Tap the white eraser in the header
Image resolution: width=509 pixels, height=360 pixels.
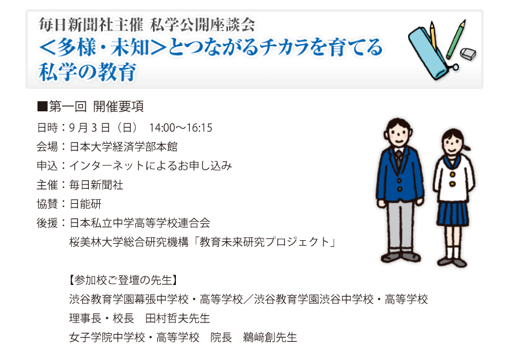[468, 54]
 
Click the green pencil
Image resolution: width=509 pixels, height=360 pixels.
[456, 39]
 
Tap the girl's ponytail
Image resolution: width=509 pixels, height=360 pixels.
[467, 148]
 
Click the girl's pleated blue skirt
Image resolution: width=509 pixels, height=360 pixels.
[453, 213]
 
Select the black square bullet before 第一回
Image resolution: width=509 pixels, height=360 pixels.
[42, 106]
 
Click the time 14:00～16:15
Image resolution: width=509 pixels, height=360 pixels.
[181, 128]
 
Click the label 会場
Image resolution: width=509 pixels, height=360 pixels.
[47, 147]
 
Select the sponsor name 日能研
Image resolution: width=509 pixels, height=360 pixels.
[85, 204]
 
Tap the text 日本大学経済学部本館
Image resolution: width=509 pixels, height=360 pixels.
[123, 147]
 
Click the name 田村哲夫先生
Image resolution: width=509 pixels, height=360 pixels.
[178, 318]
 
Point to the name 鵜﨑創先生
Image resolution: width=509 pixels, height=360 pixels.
[270, 338]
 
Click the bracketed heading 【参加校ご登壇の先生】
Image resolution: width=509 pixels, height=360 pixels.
[123, 280]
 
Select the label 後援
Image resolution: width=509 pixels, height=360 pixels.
[47, 223]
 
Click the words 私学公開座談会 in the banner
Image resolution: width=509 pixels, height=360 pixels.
[203, 25]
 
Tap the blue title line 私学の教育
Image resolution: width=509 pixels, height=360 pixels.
[87, 72]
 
